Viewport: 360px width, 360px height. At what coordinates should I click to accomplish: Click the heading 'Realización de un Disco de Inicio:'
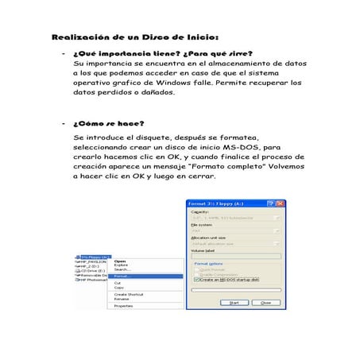point(134,37)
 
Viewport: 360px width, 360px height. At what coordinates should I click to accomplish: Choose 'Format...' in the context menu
point(122,276)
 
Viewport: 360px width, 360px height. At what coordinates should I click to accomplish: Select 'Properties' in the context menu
point(123,305)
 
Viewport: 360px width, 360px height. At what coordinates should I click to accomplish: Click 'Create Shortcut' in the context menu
point(128,293)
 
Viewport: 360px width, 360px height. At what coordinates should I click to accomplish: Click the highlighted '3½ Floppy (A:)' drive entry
point(95,257)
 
